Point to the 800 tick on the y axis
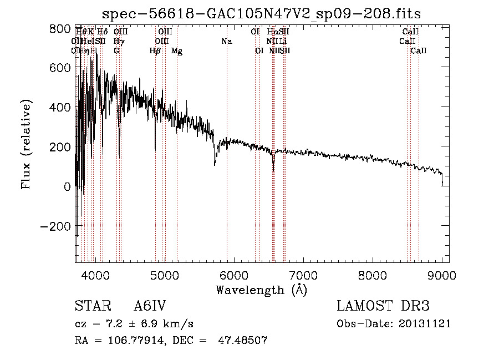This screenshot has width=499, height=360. click(75, 27)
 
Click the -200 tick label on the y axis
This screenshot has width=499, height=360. click(55, 226)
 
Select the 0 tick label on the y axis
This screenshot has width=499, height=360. click(67, 186)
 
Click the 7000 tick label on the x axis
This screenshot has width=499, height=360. click(303, 275)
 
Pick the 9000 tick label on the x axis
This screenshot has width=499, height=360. click(442, 275)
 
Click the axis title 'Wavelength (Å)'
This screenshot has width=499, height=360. click(261, 290)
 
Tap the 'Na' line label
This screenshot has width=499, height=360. click(226, 41)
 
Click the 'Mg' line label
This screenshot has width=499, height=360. click(177, 51)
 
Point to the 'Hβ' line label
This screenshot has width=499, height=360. click(155, 51)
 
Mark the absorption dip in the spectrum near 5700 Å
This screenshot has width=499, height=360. click(215, 164)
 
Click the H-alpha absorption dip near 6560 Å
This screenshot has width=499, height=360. click(273, 170)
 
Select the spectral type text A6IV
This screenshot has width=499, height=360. click(150, 306)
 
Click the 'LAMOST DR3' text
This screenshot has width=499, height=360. click(383, 306)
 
